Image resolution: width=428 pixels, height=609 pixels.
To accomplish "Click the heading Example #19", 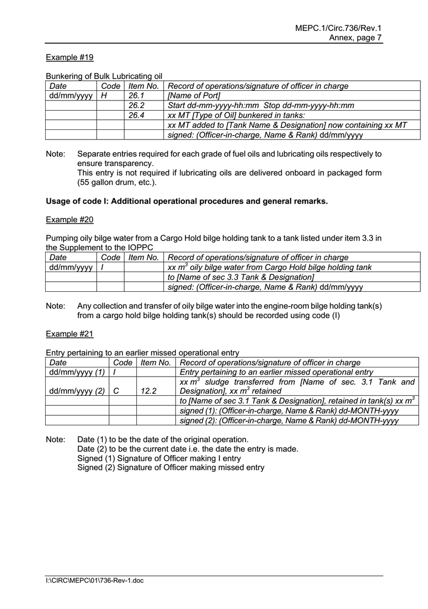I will pos(69,57).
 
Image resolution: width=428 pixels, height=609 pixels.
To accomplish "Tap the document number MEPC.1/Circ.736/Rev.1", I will pos(338,29).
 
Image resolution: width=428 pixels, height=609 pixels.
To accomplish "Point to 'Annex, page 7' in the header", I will pos(355,38).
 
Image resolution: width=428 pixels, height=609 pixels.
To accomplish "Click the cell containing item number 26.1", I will pos(137,96).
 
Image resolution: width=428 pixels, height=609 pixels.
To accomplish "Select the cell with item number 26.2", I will pos(137,106).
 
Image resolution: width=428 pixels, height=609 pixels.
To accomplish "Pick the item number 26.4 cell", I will pos(137,115).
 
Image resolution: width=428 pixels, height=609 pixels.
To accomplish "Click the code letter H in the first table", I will pos(104,96).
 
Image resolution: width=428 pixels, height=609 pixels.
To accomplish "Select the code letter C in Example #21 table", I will pos(116,391).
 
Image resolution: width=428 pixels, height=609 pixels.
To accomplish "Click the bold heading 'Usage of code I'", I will pos(187,201).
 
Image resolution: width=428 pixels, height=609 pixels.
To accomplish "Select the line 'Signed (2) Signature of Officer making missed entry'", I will pos(170,468).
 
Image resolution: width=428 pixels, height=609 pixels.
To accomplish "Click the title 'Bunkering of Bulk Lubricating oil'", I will pos(104,77).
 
